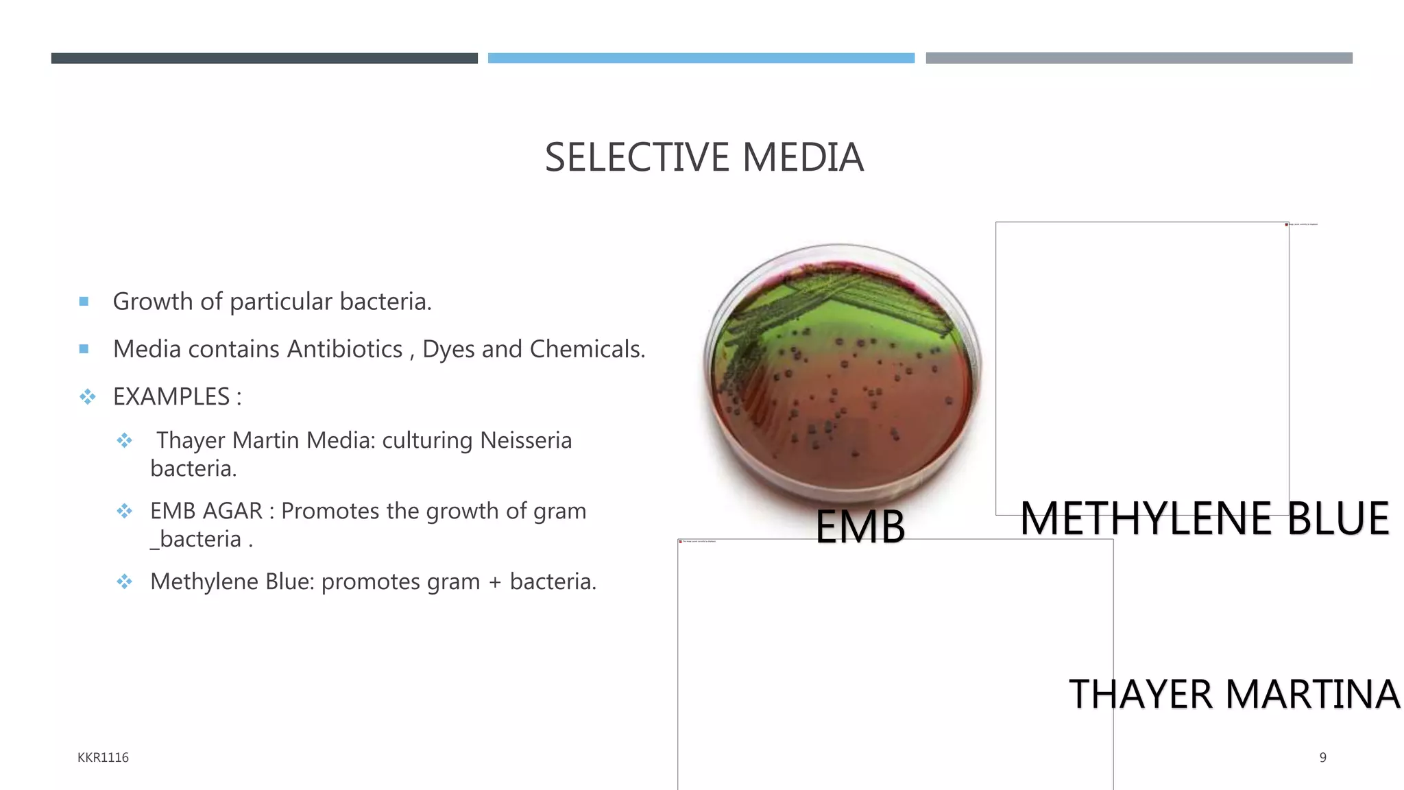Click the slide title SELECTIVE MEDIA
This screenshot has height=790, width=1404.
pyautogui.click(x=703, y=158)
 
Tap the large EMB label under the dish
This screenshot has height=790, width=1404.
pyautogui.click(x=860, y=527)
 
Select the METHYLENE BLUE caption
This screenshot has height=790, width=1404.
pyautogui.click(x=1205, y=518)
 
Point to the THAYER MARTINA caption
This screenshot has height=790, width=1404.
pyautogui.click(x=1234, y=694)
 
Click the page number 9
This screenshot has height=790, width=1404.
pyautogui.click(x=1322, y=757)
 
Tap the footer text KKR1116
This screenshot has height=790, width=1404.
pyautogui.click(x=103, y=757)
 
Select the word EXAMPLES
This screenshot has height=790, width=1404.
pyautogui.click(x=171, y=396)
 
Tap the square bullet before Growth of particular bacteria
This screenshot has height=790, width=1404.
pyautogui.click(x=84, y=301)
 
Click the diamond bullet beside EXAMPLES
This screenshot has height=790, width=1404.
pyautogui.click(x=87, y=396)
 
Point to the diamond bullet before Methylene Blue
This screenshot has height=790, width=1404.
pyautogui.click(x=124, y=582)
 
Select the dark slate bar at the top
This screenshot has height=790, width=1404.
pyautogui.click(x=264, y=58)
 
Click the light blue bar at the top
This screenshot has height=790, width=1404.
pyautogui.click(x=701, y=58)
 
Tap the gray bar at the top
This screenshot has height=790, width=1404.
pyautogui.click(x=1139, y=58)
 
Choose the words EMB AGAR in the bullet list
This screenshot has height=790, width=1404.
pyautogui.click(x=206, y=511)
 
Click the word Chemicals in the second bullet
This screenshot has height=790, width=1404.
pyautogui.click(x=587, y=349)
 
